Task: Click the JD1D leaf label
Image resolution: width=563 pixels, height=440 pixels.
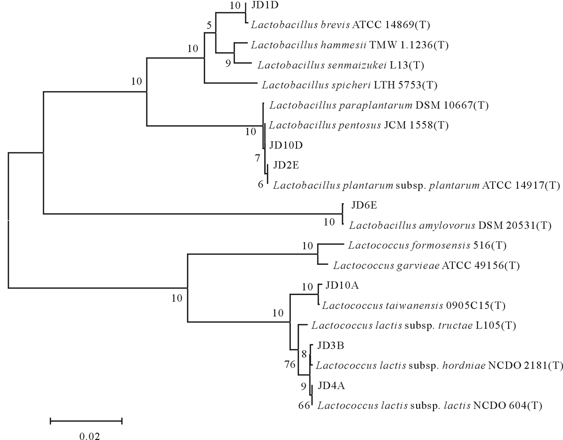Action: (263, 6)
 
